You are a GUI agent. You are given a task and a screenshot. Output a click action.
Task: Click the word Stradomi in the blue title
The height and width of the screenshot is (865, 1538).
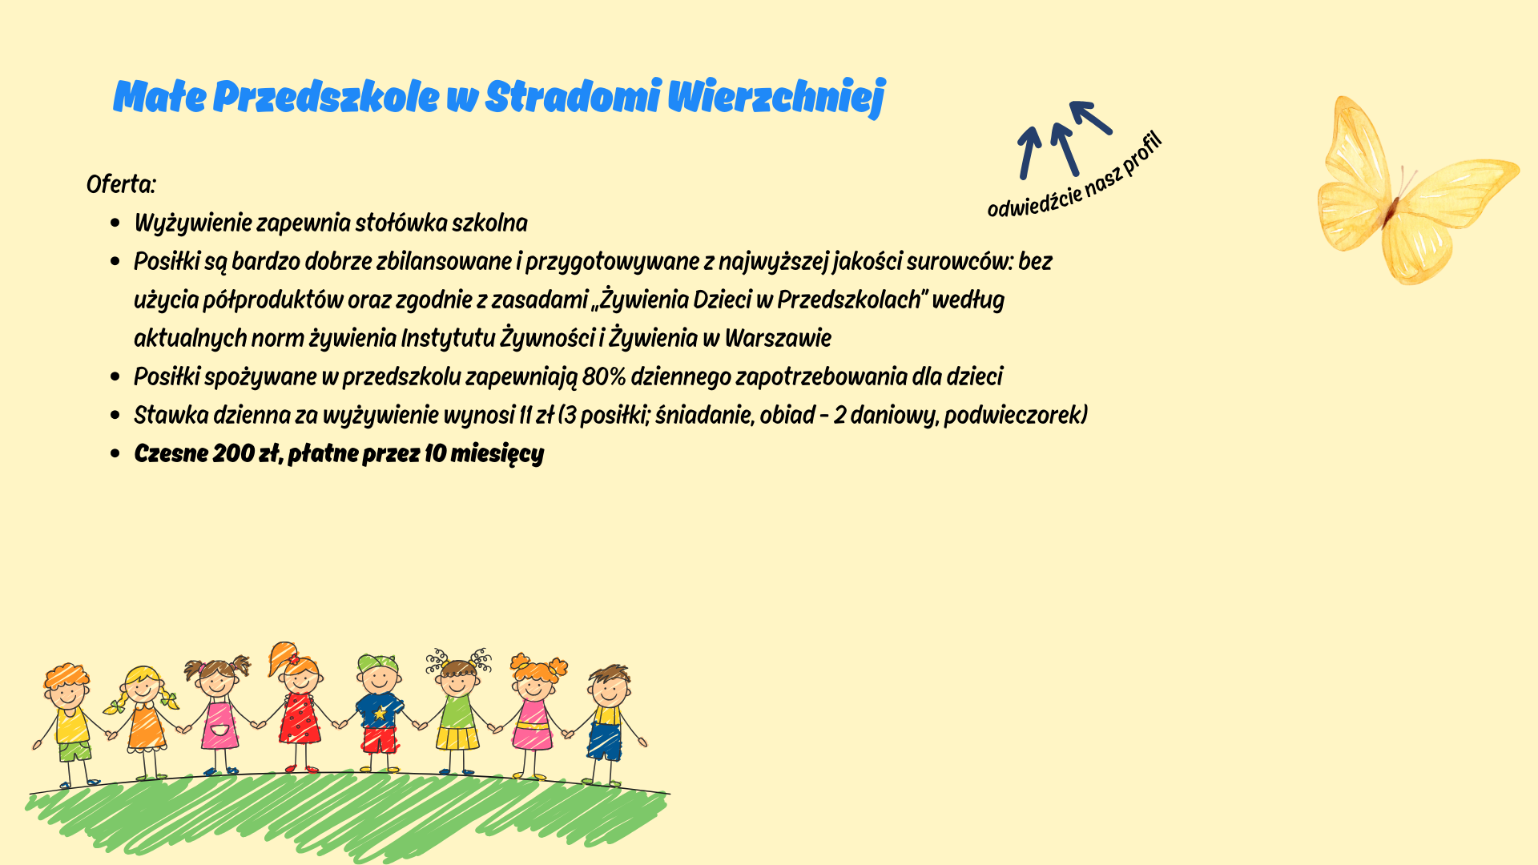(573, 96)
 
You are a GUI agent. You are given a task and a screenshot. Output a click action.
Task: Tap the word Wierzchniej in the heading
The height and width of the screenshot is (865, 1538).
(776, 98)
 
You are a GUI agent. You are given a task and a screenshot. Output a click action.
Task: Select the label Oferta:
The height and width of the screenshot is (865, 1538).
(121, 184)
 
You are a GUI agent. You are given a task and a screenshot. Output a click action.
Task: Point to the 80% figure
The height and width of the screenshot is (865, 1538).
(604, 376)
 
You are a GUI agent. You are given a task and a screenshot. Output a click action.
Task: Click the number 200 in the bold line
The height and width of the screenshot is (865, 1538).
(234, 453)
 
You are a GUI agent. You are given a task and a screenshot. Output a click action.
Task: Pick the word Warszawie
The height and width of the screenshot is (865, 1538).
(778, 338)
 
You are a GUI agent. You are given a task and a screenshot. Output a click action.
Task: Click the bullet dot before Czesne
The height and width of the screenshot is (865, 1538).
(116, 454)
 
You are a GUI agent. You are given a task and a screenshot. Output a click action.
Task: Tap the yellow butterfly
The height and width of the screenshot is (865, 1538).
(1414, 191)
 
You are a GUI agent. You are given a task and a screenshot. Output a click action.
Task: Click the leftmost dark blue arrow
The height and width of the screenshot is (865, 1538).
(1029, 153)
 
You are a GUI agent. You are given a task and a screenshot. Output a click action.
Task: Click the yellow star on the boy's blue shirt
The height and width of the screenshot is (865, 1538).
(380, 712)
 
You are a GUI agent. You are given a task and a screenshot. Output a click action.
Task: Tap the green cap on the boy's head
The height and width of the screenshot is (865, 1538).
(378, 663)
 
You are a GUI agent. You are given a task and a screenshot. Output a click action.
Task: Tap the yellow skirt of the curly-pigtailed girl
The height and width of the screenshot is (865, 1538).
(457, 738)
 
